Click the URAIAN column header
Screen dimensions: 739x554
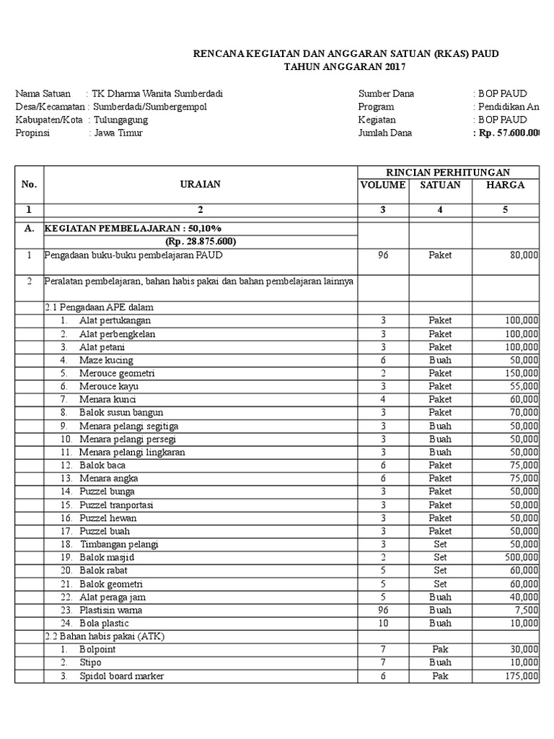[201, 184]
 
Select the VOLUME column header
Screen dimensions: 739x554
[383, 185]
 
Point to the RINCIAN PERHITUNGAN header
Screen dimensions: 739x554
[448, 172]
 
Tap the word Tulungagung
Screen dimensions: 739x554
[120, 120]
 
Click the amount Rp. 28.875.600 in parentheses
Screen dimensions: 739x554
[201, 241]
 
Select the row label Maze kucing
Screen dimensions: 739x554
[106, 360]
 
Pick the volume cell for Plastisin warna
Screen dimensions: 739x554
[383, 610]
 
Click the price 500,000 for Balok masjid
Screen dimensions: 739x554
[520, 557]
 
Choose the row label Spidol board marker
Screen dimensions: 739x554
[122, 675]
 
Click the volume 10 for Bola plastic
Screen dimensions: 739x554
[383, 623]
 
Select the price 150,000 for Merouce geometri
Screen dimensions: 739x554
[520, 373]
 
